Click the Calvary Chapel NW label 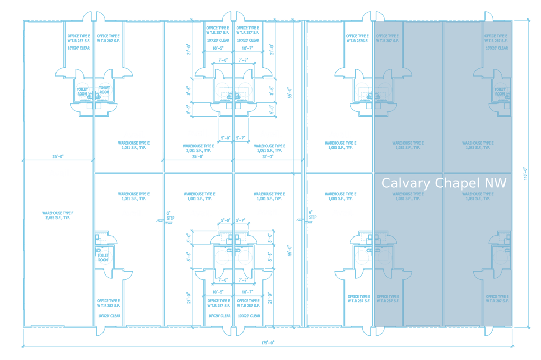444,183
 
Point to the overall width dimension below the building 268,343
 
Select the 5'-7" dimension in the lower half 241,220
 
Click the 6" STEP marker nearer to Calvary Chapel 312,216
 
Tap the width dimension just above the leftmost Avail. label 58,156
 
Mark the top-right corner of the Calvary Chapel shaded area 512,21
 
